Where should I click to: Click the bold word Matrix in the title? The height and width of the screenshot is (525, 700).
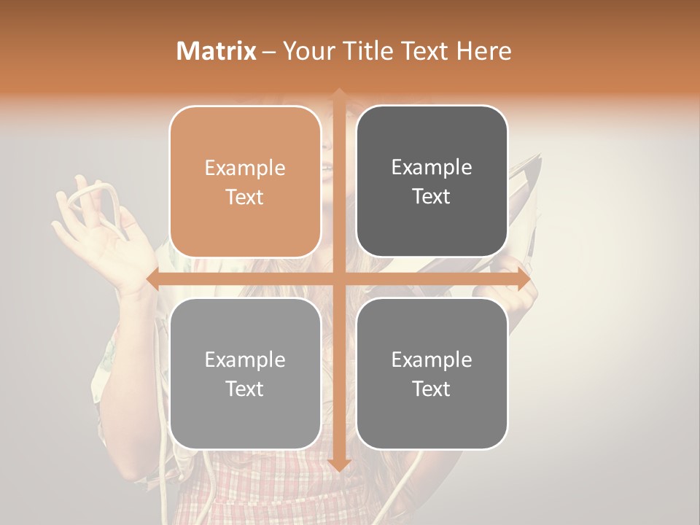pos(217,51)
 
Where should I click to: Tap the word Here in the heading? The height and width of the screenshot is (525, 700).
pos(483,51)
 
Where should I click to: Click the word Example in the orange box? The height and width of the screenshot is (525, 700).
pos(245,168)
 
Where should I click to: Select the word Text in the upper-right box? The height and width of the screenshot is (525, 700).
pos(432,197)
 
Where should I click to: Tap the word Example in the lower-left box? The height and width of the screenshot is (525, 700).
pos(245,359)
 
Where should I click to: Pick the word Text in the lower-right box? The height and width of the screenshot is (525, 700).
pos(432,389)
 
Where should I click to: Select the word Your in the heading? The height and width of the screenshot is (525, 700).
pos(306,51)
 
